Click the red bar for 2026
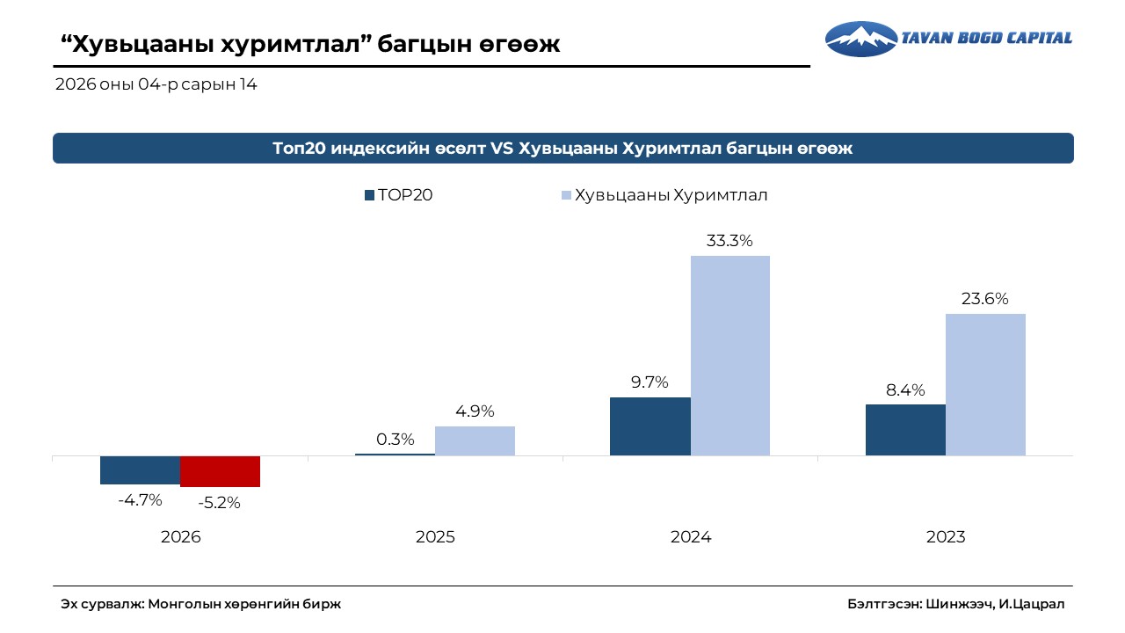[x=220, y=471]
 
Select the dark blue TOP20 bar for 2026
[x=140, y=470]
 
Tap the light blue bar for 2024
[x=729, y=355]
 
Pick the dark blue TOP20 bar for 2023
[x=905, y=430]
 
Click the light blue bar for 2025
[x=475, y=440]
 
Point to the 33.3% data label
[x=729, y=240]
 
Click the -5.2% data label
[x=220, y=503]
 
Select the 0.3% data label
[x=395, y=439]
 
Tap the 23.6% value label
[x=984, y=298]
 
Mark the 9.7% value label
[x=650, y=382]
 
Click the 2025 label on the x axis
[x=435, y=537]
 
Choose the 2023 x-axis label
[x=946, y=537]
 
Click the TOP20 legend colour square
[x=370, y=195]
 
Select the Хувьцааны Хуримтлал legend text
[x=671, y=195]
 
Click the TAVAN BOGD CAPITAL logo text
[x=986, y=38]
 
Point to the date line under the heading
[x=156, y=85]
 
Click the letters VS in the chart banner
[x=502, y=149]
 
